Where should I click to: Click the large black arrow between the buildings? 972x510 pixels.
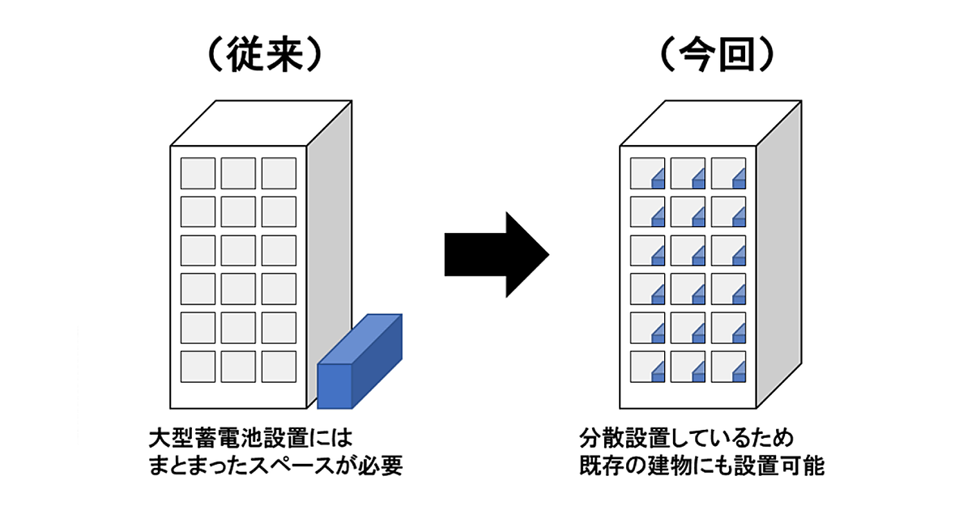(x=496, y=255)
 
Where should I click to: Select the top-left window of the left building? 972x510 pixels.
(x=198, y=173)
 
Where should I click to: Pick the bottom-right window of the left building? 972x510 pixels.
(x=279, y=367)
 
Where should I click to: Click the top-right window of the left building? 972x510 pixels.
(x=279, y=173)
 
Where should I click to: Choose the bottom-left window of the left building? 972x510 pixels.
(x=198, y=367)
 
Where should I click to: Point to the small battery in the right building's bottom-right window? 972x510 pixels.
(x=739, y=372)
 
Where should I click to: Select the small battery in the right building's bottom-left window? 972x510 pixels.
(x=659, y=372)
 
